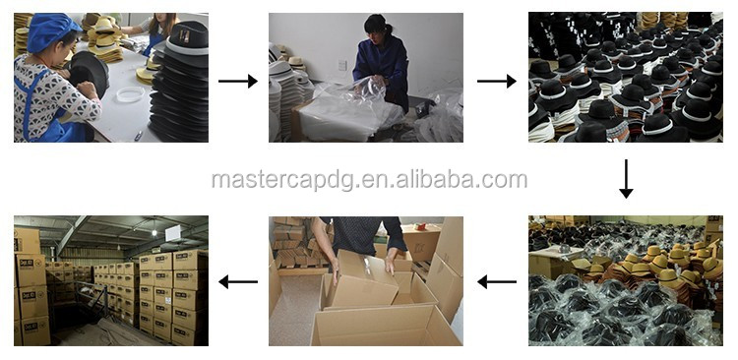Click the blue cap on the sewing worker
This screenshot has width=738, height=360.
51,32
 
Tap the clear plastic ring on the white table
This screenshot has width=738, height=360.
130,93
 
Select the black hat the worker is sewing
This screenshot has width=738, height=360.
89,76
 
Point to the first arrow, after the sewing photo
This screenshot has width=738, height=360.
238,81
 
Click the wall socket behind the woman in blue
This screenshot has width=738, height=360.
342,65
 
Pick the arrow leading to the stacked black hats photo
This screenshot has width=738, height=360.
497,81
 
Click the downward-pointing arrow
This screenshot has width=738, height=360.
626,179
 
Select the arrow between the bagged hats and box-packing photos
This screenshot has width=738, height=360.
497,282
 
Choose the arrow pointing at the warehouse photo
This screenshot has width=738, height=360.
238,282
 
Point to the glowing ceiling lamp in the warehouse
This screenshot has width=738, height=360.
154,232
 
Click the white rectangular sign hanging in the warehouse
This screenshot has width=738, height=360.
173,232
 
